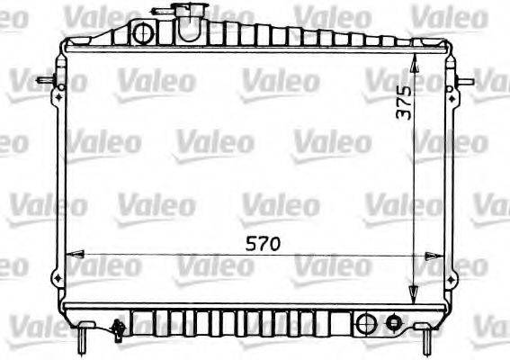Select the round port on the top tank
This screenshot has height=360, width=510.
[142, 34]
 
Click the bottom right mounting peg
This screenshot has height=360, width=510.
[425, 339]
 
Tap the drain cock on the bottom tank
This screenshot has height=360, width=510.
[117, 330]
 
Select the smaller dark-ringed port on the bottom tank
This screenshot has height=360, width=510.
[392, 322]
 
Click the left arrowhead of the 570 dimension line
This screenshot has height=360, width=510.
[75, 255]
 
